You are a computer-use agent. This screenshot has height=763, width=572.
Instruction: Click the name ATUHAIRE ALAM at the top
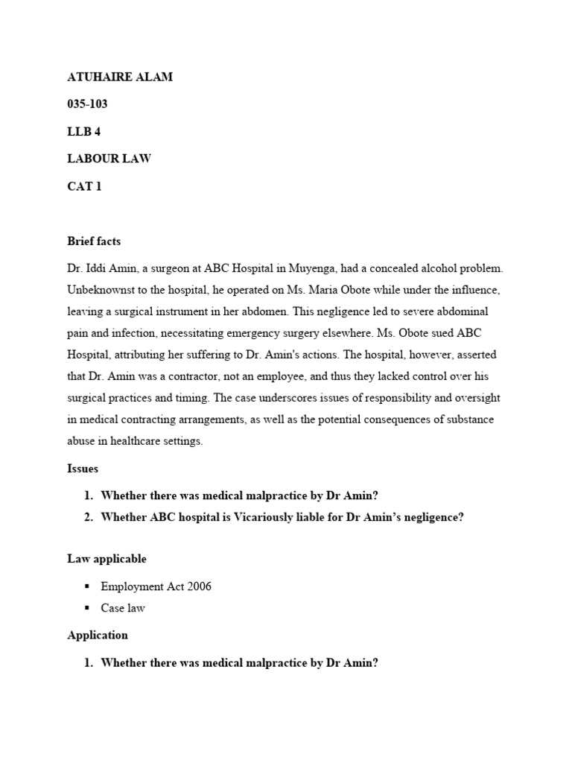click(x=120, y=77)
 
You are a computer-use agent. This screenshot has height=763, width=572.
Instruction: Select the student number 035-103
click(x=88, y=104)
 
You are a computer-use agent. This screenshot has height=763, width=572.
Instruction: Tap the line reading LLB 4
click(x=83, y=132)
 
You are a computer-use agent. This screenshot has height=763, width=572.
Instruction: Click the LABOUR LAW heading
click(x=109, y=159)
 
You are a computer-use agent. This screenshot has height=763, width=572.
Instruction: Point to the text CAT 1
click(x=84, y=186)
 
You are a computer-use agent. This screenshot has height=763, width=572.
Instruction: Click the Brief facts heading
click(x=94, y=241)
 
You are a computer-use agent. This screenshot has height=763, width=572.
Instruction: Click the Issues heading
click(x=83, y=469)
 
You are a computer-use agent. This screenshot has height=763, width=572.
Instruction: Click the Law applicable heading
click(x=107, y=559)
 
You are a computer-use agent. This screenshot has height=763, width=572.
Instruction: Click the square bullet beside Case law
click(x=87, y=608)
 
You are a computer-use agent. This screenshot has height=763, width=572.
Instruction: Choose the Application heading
click(x=98, y=635)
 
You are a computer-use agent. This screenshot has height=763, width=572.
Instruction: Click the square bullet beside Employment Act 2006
click(x=87, y=586)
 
